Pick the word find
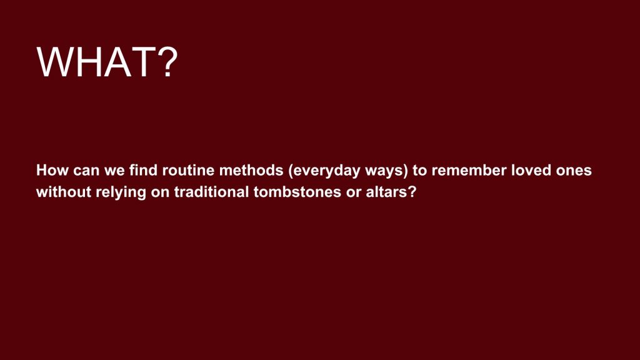(144, 170)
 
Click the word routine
(188, 170)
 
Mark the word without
(64, 191)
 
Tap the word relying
(121, 192)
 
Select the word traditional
(211, 191)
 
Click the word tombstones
(297, 191)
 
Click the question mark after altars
(412, 191)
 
